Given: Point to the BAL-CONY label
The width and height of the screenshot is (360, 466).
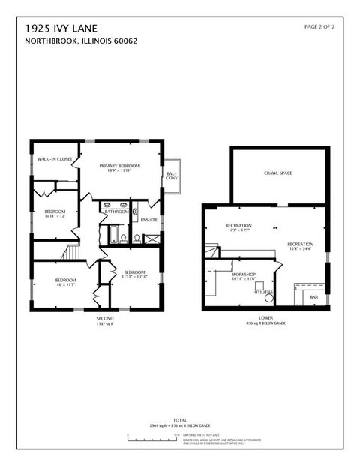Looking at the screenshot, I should click(172, 176).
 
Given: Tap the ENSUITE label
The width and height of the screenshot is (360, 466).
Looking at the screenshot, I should click(149, 220).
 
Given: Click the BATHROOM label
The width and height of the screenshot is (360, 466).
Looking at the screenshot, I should click(116, 212).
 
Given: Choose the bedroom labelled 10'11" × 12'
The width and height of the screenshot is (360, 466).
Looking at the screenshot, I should click(55, 214).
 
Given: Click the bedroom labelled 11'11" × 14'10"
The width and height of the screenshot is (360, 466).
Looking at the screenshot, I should click(135, 274).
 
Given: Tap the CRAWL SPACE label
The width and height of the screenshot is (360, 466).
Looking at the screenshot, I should click(277, 173).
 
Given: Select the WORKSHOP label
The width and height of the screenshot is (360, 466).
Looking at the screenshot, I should click(244, 276).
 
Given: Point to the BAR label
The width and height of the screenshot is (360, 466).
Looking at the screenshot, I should click(314, 297).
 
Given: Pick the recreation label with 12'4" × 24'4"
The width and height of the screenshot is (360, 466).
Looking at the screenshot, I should click(300, 246).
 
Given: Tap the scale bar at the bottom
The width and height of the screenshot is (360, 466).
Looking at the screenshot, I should click(150, 436).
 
